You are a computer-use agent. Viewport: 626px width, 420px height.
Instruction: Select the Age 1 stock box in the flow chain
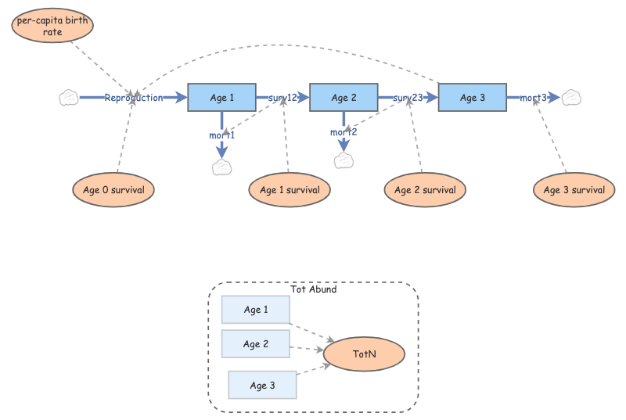tap(222, 98)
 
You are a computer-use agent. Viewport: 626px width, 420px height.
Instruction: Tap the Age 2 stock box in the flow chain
tap(344, 98)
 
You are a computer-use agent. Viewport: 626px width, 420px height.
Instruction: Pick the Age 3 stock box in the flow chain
tap(473, 98)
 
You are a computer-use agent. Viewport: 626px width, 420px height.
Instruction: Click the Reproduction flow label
tap(134, 98)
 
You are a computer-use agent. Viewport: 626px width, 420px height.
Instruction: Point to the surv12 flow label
tap(282, 98)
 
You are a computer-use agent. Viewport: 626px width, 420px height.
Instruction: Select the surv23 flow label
tap(408, 98)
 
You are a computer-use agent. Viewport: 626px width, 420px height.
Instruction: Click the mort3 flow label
tap(534, 98)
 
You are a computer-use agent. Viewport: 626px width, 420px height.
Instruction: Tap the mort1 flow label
tap(222, 135)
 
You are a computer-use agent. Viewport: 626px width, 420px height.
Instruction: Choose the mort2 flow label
tap(344, 132)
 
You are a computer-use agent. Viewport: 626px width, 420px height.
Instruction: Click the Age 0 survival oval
tap(113, 190)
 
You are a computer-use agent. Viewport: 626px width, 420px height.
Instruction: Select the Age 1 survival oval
tap(290, 190)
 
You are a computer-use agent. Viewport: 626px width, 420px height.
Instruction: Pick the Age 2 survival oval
tap(425, 190)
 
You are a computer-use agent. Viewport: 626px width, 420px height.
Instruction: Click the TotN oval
tap(365, 354)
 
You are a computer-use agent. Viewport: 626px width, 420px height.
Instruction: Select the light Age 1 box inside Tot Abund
tap(256, 311)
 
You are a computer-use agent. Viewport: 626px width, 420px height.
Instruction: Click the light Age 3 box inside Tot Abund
tap(262, 385)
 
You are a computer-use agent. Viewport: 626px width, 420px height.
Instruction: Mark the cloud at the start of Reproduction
tap(69, 98)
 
